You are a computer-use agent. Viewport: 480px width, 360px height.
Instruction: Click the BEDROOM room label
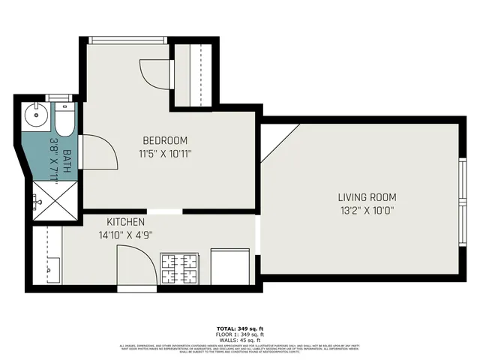165,140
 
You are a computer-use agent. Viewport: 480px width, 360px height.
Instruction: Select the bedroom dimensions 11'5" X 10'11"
165,154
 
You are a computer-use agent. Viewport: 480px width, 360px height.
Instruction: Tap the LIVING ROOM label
367,197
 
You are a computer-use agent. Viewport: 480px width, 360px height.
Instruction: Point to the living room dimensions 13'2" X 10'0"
367,211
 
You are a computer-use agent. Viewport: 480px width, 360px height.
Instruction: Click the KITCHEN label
125,223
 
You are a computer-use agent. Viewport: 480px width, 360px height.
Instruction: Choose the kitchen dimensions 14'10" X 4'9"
125,235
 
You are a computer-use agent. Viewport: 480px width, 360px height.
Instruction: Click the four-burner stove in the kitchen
180,268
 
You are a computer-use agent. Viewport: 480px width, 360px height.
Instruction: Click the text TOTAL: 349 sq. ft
239,328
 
